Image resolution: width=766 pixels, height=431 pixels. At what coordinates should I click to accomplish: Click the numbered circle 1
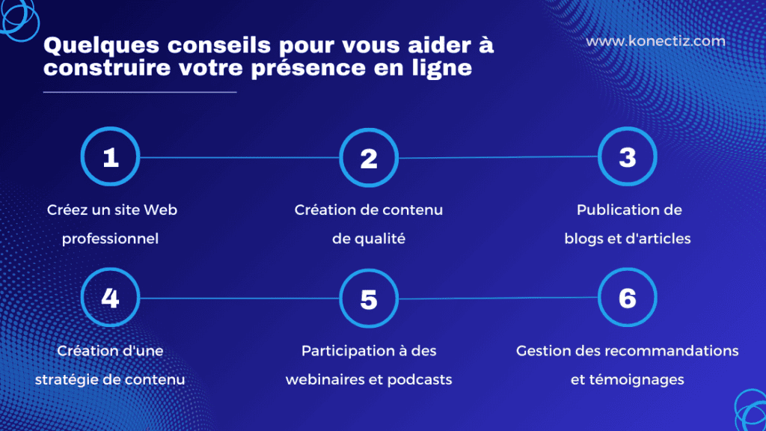click(x=110, y=158)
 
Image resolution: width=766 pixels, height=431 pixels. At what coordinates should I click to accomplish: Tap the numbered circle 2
click(x=368, y=158)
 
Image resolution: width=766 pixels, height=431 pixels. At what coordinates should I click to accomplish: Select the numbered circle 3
click(x=627, y=157)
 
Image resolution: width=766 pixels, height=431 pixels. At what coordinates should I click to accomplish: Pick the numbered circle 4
click(x=110, y=299)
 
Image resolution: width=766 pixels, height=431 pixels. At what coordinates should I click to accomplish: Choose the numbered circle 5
click(x=368, y=299)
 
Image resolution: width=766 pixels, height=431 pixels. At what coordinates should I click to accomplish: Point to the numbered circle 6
click(x=627, y=298)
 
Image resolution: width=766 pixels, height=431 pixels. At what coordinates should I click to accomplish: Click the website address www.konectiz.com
click(x=655, y=41)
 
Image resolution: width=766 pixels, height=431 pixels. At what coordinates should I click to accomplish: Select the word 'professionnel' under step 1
click(x=111, y=239)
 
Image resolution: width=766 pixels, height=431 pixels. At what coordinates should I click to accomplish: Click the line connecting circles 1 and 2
click(x=239, y=158)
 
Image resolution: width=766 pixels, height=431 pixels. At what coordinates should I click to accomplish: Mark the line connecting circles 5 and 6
click(x=497, y=299)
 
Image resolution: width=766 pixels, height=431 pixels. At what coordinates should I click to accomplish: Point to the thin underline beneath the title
click(x=140, y=92)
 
